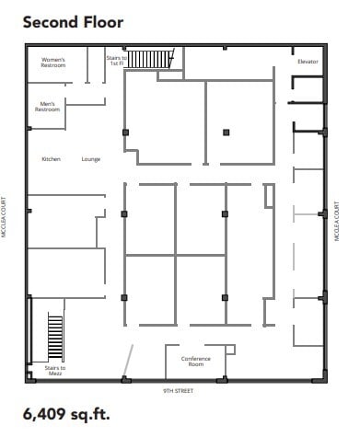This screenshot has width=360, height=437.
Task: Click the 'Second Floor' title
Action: [x=73, y=20]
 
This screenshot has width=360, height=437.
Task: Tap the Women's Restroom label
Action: [x=52, y=63]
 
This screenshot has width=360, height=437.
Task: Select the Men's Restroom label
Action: [x=48, y=107]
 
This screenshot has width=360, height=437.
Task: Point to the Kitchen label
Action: [x=51, y=159]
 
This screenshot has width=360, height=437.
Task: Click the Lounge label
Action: [x=90, y=159]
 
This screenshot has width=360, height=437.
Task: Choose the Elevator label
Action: [x=308, y=62]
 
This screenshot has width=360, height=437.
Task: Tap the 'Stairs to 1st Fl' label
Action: [x=116, y=61]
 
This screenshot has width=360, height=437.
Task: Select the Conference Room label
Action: [x=195, y=361]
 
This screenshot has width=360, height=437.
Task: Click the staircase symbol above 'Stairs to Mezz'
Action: [x=54, y=338]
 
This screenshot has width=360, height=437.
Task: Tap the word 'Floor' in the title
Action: [x=103, y=20]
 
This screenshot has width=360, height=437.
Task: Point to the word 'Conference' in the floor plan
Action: [x=195, y=358]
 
